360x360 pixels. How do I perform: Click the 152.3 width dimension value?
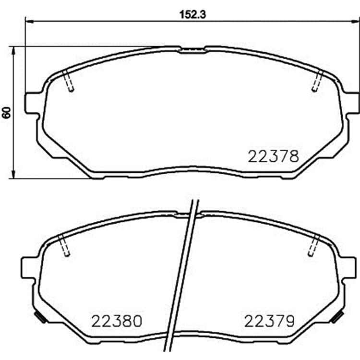click(192, 15)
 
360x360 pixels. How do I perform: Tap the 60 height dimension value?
click(7, 112)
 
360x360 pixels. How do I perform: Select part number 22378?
click(274, 156)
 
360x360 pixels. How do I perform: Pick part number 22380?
click(117, 321)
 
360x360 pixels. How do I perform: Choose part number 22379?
click(269, 321)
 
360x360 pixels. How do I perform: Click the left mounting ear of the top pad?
click(32, 103)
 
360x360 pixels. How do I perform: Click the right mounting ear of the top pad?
click(352, 103)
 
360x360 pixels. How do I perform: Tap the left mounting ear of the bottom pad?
click(28, 268)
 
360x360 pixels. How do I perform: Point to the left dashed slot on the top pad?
click(68, 81)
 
